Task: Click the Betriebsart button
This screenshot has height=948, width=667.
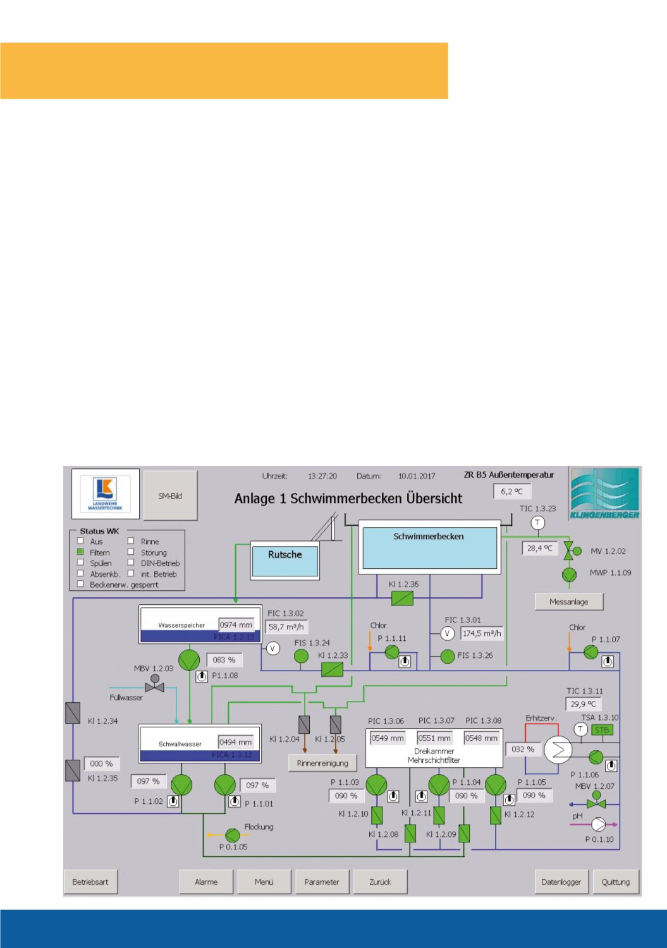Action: point(90,882)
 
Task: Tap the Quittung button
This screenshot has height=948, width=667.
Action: point(615,882)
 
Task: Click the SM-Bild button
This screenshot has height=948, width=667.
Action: point(170,496)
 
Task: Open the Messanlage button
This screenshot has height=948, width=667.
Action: point(568,602)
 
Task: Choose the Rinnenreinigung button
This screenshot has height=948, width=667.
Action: point(322,763)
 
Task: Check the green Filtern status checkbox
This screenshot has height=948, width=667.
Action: point(80,552)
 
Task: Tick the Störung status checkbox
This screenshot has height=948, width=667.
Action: point(131,552)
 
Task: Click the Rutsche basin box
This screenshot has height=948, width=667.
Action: point(285,561)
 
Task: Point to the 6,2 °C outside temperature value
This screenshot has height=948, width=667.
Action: point(511,491)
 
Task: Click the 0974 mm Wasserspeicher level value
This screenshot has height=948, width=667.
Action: point(236,625)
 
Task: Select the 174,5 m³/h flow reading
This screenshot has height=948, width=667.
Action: point(482,633)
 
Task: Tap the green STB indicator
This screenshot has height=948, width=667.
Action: point(602,730)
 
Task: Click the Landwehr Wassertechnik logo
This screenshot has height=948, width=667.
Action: point(105,494)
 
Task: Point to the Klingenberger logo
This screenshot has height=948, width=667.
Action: point(604,493)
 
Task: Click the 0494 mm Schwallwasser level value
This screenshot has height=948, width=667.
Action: point(236,742)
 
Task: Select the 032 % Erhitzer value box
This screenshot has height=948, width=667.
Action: point(523,749)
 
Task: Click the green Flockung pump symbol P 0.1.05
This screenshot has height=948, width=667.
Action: point(233,836)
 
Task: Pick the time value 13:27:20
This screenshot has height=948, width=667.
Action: point(322,476)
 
